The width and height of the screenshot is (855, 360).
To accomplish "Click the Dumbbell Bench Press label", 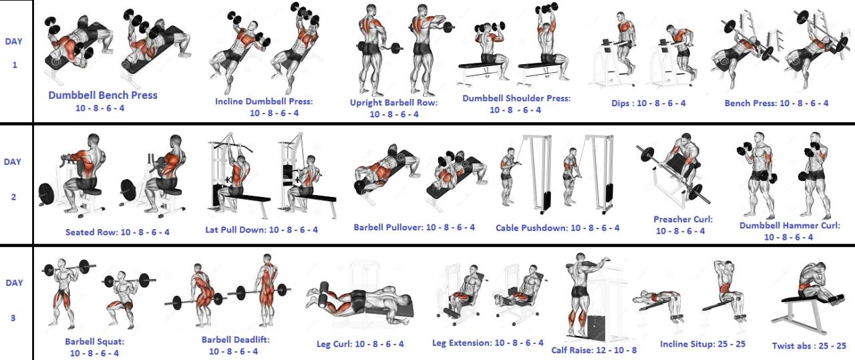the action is pyautogui.click(x=103, y=95).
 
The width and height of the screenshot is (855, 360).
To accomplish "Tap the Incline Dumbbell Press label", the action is pyautogui.click(x=264, y=102).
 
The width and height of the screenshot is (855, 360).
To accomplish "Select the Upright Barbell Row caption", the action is pyautogui.click(x=394, y=103).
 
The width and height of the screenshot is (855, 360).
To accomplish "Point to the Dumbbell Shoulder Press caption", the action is pyautogui.click(x=516, y=98).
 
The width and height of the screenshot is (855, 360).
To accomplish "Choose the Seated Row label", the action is pyautogui.click(x=92, y=232).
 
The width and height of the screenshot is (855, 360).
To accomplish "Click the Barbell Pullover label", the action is pyautogui.click(x=388, y=228).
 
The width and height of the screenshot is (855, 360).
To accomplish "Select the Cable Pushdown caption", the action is pyautogui.click(x=531, y=228).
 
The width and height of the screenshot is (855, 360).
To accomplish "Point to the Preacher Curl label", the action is pyautogui.click(x=683, y=220).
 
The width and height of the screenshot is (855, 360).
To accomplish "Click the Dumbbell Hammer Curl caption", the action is pyautogui.click(x=790, y=226).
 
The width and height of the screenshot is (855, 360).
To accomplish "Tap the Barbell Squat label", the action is pyautogui.click(x=94, y=342).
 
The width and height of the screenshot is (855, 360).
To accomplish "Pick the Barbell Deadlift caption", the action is pyautogui.click(x=236, y=340).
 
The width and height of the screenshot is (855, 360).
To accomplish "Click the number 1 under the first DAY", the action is pyautogui.click(x=15, y=65).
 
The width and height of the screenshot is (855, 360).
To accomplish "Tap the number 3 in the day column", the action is pyautogui.click(x=13, y=318).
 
